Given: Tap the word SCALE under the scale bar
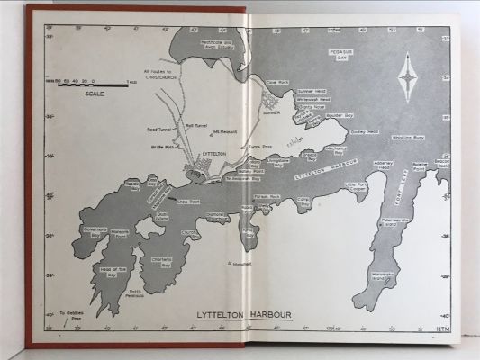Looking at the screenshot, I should click(x=93, y=93).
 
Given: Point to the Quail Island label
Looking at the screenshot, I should click(x=163, y=217).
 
